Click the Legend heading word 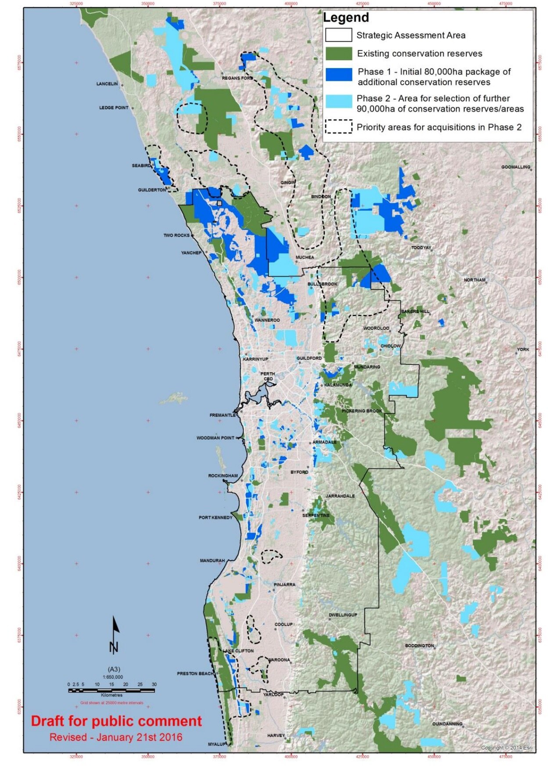(346, 18)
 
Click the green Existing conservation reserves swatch (338, 54)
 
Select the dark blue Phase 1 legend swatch (338, 75)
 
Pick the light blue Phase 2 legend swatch (338, 101)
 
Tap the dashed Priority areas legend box (338, 127)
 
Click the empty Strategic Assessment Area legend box (338, 35)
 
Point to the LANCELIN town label (107, 83)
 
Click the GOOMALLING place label (515, 167)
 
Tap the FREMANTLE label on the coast (223, 415)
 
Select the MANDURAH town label (212, 561)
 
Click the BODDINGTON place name (419, 646)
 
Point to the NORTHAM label (475, 280)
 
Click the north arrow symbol (115, 635)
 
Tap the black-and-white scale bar (111, 691)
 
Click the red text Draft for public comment (116, 721)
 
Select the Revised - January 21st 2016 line (116, 737)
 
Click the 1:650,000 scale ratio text (113, 677)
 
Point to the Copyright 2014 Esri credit (507, 748)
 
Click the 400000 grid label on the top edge (291, 4)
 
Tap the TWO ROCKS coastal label (176, 235)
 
